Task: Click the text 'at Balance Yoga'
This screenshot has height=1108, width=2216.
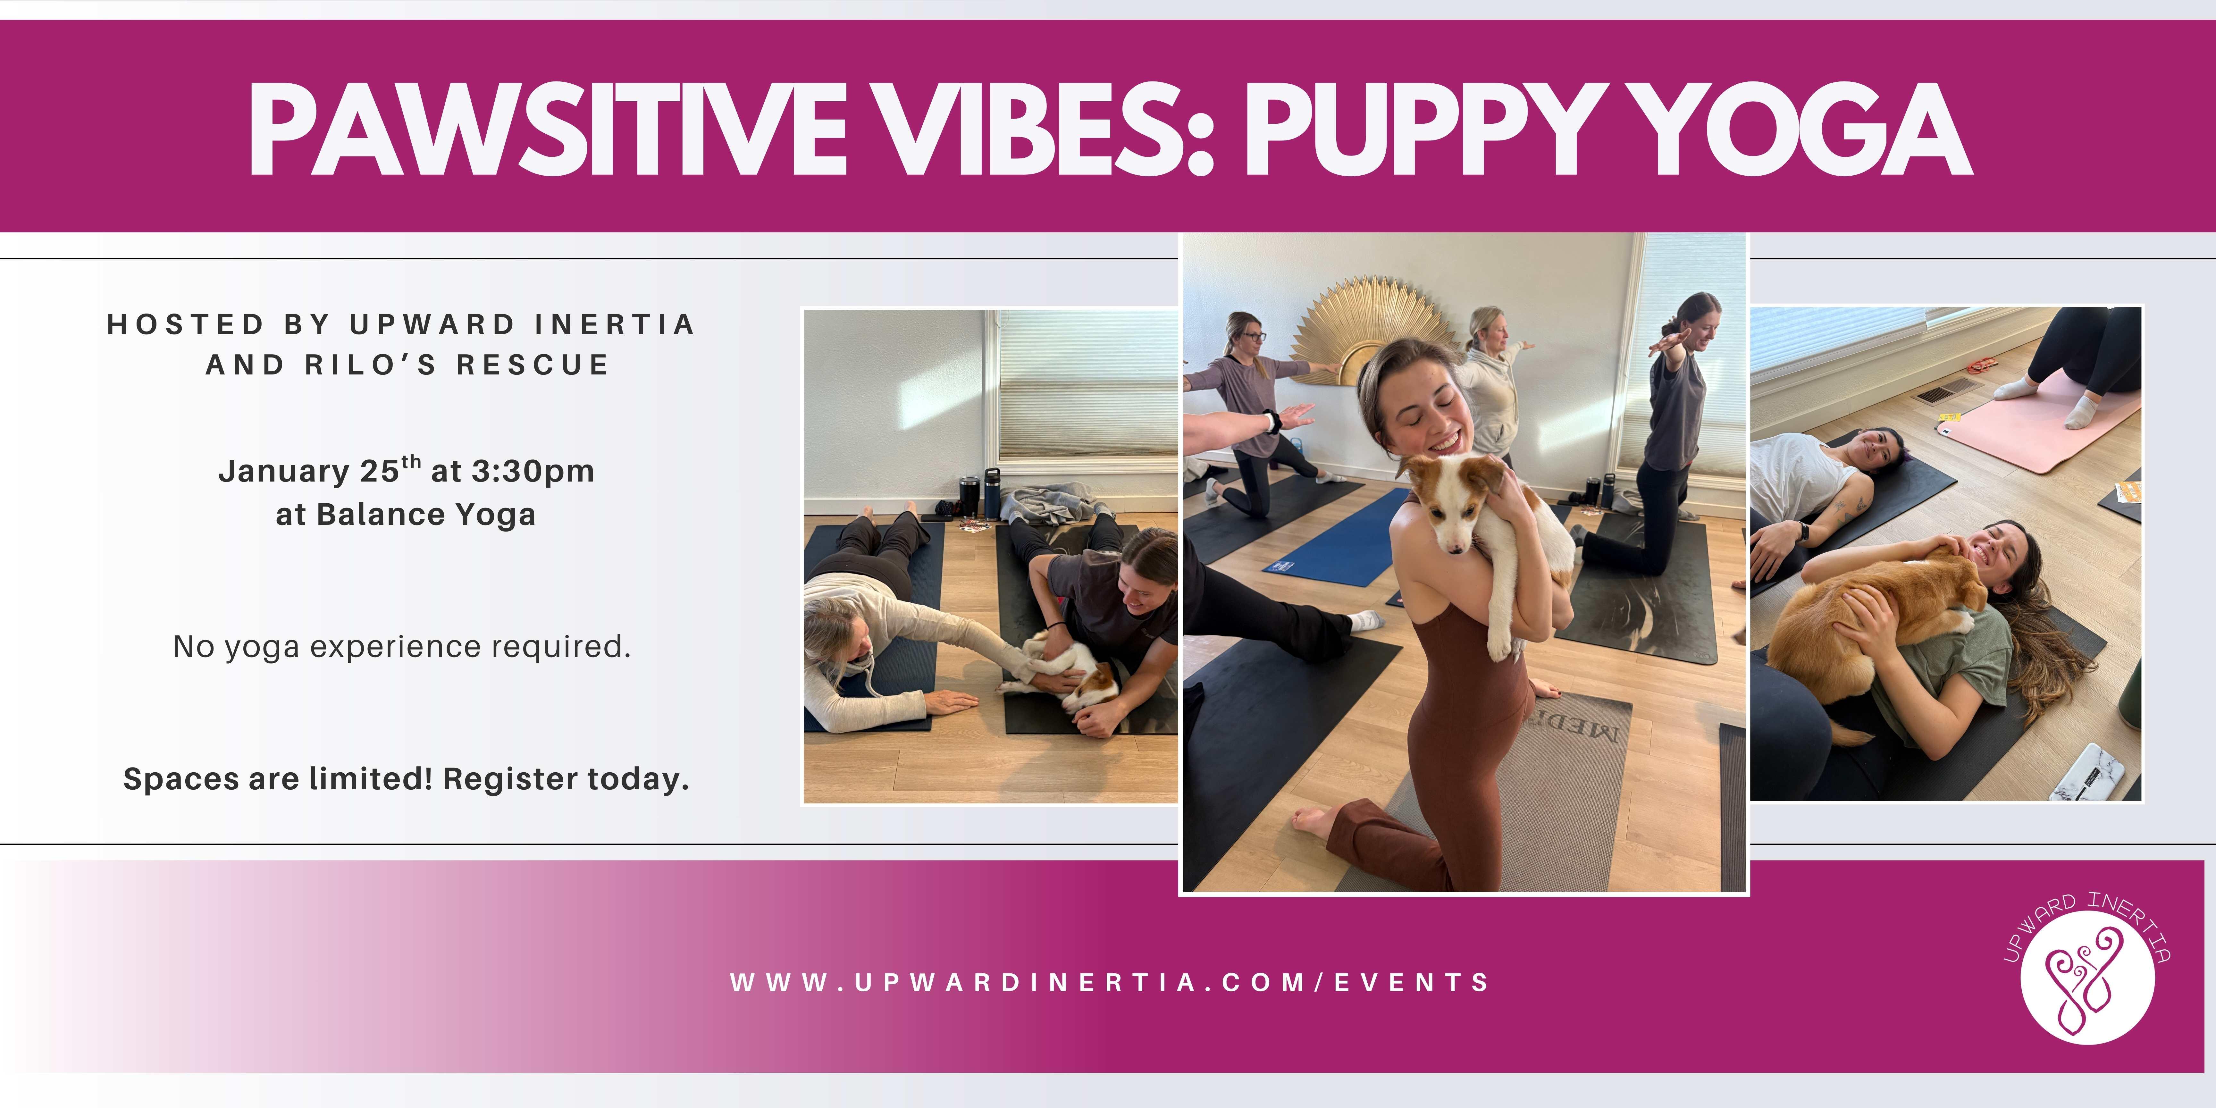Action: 405,515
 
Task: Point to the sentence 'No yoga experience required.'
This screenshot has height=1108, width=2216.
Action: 402,646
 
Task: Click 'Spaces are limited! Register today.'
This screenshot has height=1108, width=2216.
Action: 406,778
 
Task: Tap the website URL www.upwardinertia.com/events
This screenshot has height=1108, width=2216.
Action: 1110,982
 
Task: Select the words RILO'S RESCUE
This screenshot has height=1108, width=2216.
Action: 456,365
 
